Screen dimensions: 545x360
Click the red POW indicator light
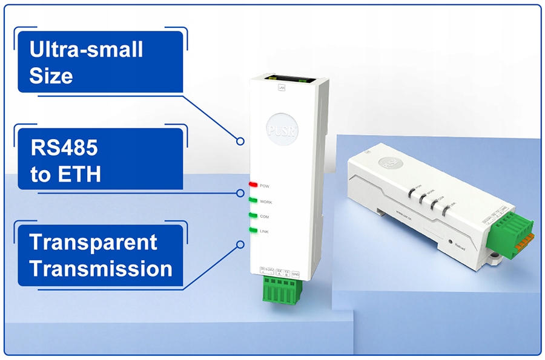point(253,184)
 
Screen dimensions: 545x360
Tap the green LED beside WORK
point(253,200)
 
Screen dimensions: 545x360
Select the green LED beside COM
point(253,215)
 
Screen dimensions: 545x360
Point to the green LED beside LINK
point(253,231)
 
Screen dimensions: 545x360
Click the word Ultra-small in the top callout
point(87,50)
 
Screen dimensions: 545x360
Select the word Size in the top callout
point(51,76)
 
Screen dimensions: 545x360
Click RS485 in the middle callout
point(64,148)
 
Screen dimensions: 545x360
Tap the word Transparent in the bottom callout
point(93,242)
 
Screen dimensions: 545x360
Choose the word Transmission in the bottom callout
point(101,269)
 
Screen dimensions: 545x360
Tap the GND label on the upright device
point(296,274)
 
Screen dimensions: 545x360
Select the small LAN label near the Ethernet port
point(281,88)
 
